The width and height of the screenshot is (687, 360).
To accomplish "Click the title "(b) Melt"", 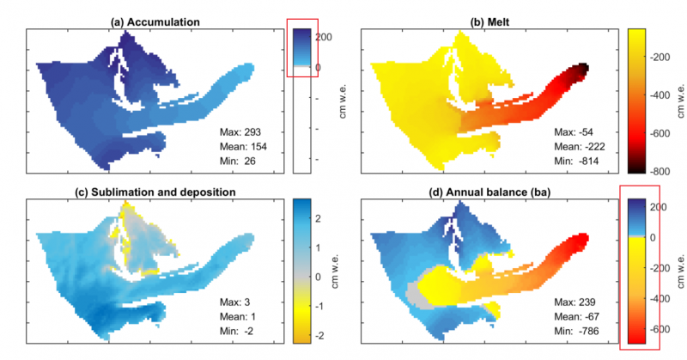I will pos(496,20).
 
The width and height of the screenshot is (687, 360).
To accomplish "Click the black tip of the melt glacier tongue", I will pos(583,68).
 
